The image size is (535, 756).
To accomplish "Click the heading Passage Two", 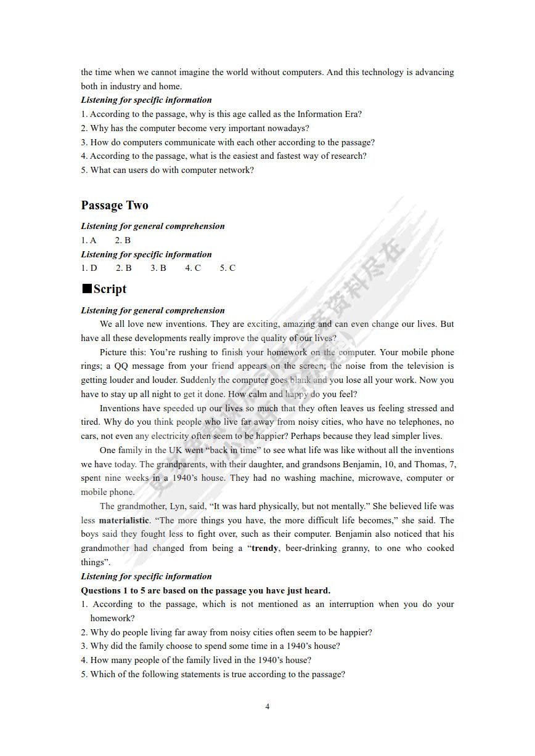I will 115,206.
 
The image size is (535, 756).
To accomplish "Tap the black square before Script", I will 86,289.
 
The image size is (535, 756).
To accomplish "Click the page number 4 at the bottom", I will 267,706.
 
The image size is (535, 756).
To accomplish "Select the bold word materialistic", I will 124,520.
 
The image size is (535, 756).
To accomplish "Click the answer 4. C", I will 193,268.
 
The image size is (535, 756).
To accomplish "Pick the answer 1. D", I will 89,268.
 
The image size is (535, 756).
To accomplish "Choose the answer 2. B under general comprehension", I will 123,240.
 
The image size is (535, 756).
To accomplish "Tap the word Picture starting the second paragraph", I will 115,352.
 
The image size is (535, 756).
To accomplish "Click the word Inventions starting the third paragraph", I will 120,408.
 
